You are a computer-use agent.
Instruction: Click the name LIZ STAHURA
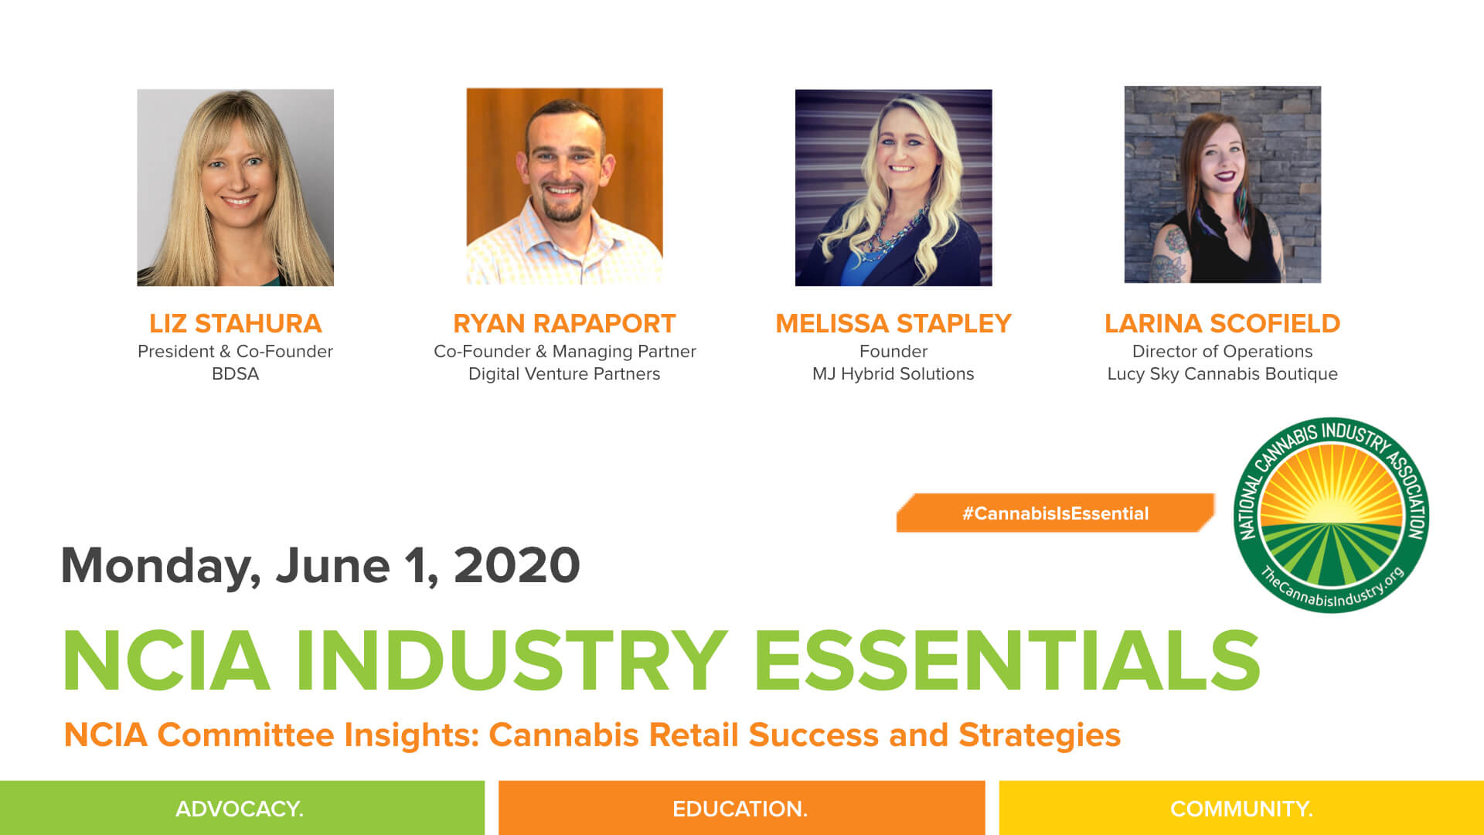(235, 323)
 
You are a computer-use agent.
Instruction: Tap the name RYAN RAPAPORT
(564, 323)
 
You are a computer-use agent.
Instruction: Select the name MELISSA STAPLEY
(893, 323)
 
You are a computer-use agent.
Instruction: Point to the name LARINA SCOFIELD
(1222, 323)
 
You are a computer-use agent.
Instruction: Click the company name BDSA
(235, 374)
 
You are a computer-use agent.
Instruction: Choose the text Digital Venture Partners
(564, 374)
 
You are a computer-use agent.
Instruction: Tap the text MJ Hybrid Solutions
(893, 374)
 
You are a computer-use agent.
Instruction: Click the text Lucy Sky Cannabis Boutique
(1222, 374)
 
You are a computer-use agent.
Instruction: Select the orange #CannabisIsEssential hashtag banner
(1055, 513)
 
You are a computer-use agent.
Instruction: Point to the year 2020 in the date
(516, 566)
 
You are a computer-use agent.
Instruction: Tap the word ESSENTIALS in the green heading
(1006, 662)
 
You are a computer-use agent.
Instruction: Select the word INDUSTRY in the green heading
(511, 662)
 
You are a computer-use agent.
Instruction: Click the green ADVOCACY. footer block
(241, 809)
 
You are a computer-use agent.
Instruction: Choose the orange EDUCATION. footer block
(740, 809)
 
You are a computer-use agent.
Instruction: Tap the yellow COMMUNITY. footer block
(1241, 809)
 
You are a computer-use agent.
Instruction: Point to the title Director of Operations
(1222, 352)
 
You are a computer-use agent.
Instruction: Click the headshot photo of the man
(564, 186)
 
